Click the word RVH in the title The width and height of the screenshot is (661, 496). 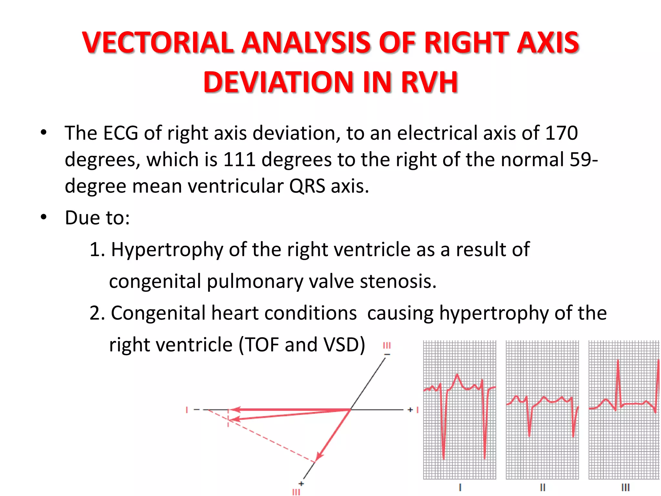click(429, 82)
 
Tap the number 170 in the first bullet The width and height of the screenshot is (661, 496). click(561, 133)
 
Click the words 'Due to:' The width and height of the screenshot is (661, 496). click(97, 218)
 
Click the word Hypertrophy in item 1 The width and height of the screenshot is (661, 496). click(167, 250)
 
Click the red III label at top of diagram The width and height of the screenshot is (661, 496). click(387, 346)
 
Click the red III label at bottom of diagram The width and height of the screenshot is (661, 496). click(296, 492)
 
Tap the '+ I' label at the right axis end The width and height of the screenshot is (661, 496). click(413, 410)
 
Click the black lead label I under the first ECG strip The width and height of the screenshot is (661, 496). click(460, 487)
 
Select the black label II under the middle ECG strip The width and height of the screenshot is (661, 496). click(543, 487)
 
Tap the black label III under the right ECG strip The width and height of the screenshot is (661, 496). click(625, 487)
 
